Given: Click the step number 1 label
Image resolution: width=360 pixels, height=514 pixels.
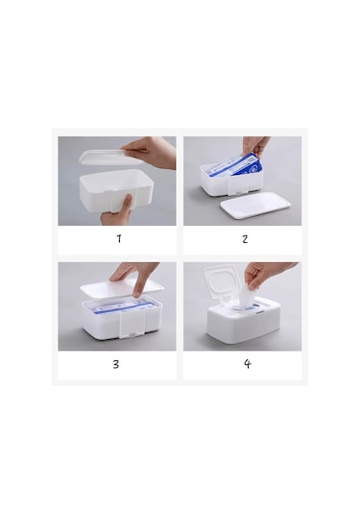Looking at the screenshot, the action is coord(119,238).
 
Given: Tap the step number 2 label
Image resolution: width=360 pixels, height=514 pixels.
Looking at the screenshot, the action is coord(245,239).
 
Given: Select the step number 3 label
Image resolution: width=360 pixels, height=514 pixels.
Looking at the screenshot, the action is coord(116,364).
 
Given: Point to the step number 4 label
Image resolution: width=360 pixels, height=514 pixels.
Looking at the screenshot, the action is coord(248,363).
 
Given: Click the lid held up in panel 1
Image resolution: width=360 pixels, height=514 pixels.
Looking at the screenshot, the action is coord(108,157).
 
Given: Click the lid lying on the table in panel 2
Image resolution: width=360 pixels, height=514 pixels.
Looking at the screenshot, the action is coord(255,206).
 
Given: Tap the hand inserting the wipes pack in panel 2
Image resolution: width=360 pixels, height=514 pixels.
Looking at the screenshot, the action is coord(255,147).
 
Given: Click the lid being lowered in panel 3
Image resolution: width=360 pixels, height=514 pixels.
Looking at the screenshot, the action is coord(122,288).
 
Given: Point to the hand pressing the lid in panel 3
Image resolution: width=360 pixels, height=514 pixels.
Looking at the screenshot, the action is coord(135,277).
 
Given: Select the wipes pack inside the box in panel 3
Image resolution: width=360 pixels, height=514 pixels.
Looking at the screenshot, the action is coord(122,306).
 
